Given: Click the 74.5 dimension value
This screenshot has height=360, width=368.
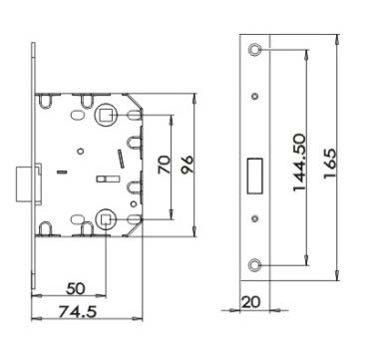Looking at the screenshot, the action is [78, 312].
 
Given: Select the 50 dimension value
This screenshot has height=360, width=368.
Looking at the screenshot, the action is [76, 288].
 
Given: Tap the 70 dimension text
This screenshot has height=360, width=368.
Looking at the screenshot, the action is [165, 165].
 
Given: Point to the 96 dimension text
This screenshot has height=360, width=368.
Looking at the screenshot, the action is [187, 165].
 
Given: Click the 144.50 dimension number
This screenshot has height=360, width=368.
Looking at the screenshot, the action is [299, 163].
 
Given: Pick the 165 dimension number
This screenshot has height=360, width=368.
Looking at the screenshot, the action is [330, 164].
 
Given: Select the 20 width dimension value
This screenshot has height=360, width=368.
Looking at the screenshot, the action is [251, 302].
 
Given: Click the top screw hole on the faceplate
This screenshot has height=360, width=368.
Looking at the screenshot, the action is [254, 49].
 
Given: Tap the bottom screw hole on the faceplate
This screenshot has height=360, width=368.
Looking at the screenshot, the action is [254, 264].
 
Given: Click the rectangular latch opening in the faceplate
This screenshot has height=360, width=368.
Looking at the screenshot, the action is [255, 176].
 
